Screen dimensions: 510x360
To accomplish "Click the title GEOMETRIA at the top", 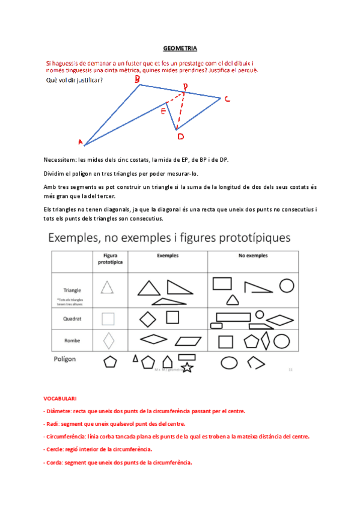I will pyautogui.click(x=180, y=48).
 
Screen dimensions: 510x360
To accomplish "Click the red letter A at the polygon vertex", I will pyautogui.click(x=81, y=143).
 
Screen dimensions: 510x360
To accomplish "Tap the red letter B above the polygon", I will pyautogui.click(x=137, y=79).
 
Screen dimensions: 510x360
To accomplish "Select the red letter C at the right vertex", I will pyautogui.click(x=227, y=99).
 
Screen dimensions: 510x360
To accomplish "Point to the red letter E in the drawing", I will pyautogui.click(x=163, y=110).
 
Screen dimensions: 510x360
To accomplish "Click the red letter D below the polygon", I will pyautogui.click(x=180, y=137).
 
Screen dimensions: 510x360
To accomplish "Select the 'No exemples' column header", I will pyautogui.click(x=252, y=256).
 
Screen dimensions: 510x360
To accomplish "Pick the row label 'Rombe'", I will pyautogui.click(x=72, y=340).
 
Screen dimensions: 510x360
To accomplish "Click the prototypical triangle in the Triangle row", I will pyautogui.click(x=107, y=288).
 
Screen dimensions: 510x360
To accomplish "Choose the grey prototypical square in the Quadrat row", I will pyautogui.click(x=108, y=318).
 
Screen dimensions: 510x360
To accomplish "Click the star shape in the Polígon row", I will pyautogui.click(x=187, y=367).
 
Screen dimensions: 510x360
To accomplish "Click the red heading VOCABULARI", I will pyautogui.click(x=59, y=399).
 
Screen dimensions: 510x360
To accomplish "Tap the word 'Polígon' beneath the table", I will pyautogui.click(x=67, y=359).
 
